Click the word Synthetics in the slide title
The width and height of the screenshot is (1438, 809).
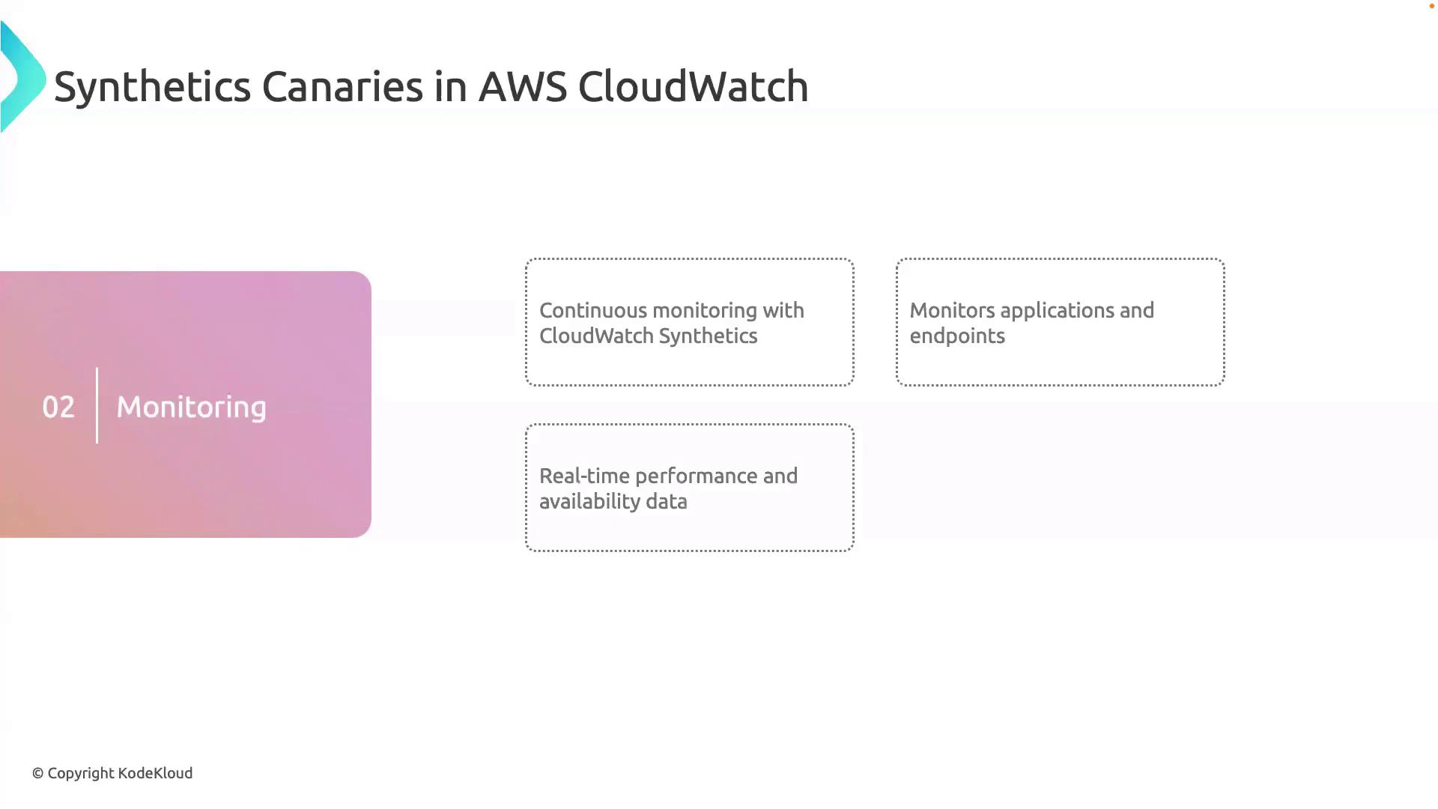point(152,87)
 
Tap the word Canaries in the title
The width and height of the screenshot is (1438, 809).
point(342,87)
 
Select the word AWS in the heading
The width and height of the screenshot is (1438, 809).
point(522,87)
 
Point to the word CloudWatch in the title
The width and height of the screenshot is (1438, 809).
point(693,87)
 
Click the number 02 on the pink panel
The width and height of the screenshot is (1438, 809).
point(58,407)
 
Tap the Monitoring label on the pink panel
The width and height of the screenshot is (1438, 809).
point(191,407)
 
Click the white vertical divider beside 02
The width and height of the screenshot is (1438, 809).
point(97,405)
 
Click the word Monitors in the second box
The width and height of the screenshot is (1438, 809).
point(952,311)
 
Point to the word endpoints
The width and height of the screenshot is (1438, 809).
point(956,336)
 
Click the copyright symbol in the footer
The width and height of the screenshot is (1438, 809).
point(37,774)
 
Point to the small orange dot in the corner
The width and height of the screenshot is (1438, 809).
point(1431,6)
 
